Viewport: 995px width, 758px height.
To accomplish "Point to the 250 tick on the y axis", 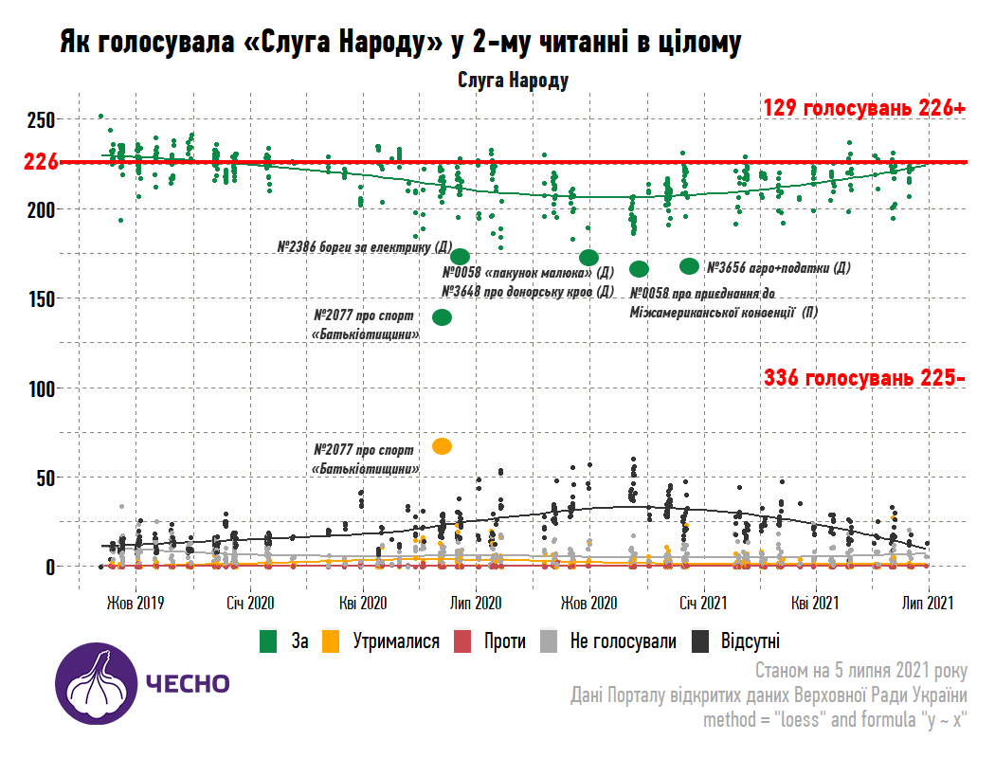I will [43, 119].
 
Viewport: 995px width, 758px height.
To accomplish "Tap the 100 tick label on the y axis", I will [43, 388].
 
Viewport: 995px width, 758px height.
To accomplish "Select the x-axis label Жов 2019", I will [135, 603].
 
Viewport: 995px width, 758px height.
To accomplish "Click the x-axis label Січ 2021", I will [702, 603].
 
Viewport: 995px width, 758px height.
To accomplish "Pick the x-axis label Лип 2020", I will [476, 603].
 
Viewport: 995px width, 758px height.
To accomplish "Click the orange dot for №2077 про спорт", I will [442, 446].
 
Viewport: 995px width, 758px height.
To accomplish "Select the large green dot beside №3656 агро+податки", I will [689, 266].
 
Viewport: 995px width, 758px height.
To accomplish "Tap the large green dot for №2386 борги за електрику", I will [461, 257].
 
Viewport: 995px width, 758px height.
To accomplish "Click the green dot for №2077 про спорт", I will [442, 317].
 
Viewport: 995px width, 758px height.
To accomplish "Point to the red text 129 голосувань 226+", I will [864, 108].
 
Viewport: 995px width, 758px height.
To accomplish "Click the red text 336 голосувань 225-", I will [864, 378].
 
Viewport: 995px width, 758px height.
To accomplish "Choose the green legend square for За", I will [269, 641].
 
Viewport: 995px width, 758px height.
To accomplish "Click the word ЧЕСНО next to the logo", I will [187, 684].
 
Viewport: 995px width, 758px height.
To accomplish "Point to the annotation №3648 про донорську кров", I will [528, 291].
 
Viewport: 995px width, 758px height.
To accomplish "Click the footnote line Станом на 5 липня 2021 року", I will [861, 672].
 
